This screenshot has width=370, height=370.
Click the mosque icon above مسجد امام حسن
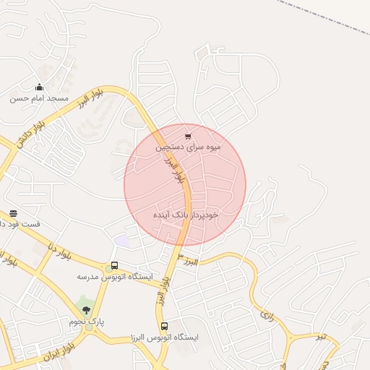(x=39, y=87)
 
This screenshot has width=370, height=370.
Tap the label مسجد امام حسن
(x=39, y=98)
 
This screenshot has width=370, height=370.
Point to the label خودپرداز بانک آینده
(x=186, y=215)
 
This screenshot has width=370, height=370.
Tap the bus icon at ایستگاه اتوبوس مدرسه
(x=113, y=266)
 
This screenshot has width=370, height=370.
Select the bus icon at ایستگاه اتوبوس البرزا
(x=164, y=326)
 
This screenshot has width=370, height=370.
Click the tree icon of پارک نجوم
(x=87, y=310)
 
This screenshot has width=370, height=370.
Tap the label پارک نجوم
(x=90, y=321)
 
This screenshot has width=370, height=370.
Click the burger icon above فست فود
(x=13, y=213)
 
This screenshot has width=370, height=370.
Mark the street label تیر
(x=319, y=337)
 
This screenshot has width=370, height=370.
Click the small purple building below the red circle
(x=123, y=241)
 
